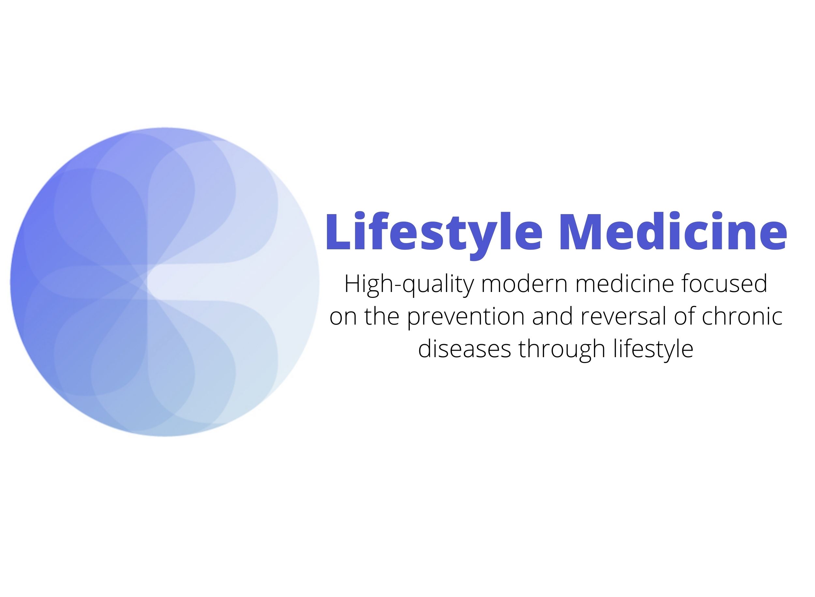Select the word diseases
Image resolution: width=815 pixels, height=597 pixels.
(x=465, y=348)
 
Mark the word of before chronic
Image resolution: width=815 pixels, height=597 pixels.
(x=709, y=316)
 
